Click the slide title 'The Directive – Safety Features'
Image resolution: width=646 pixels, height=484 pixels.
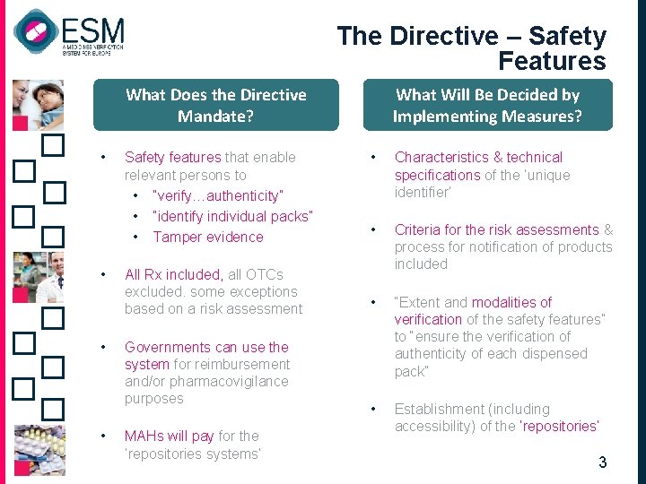pos(471,48)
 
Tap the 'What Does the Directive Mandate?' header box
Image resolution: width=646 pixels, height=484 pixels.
pos(216,105)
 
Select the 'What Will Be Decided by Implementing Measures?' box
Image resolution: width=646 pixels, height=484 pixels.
pos(487,105)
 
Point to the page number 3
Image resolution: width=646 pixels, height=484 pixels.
pos(602,462)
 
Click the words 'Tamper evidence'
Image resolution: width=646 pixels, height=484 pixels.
pos(208,237)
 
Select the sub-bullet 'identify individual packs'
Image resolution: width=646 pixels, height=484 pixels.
pos(232,216)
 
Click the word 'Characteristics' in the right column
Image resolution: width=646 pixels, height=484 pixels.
pos(442,157)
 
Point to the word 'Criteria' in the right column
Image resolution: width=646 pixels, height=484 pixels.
pos(419,229)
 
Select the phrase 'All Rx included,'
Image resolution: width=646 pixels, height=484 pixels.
pos(174,274)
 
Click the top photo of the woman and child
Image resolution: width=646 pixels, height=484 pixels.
pos(38,104)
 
